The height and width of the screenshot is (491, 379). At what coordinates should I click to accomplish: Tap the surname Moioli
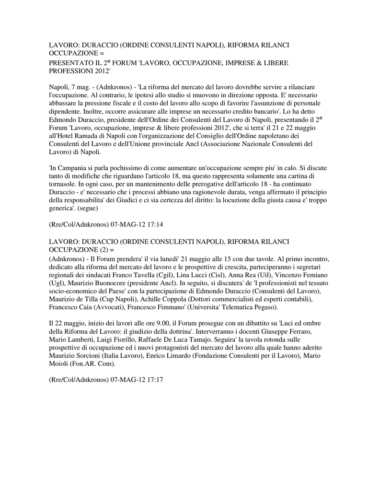coord(62,363)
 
